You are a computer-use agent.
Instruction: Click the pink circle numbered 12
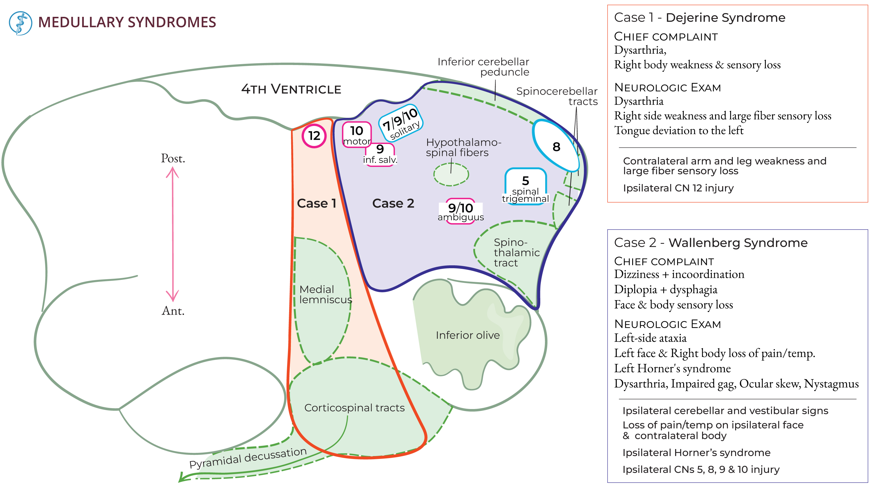tap(314, 136)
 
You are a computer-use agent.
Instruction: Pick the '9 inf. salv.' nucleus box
tap(380, 154)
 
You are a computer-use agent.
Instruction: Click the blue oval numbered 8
tap(556, 146)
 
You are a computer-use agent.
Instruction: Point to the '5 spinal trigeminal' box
tap(525, 187)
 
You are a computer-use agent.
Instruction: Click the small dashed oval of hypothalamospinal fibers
tap(451, 174)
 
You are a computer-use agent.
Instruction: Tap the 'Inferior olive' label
tap(467, 335)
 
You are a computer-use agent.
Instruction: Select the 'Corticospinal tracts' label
tap(354, 408)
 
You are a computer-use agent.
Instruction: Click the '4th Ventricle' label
tap(291, 89)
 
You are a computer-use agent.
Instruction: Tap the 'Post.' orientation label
tap(173, 158)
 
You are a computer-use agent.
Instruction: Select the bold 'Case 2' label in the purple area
tap(393, 203)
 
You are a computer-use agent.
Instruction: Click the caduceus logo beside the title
tap(20, 23)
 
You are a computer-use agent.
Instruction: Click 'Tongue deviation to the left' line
tap(679, 130)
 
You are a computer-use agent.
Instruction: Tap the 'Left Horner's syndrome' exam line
tap(672, 368)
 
